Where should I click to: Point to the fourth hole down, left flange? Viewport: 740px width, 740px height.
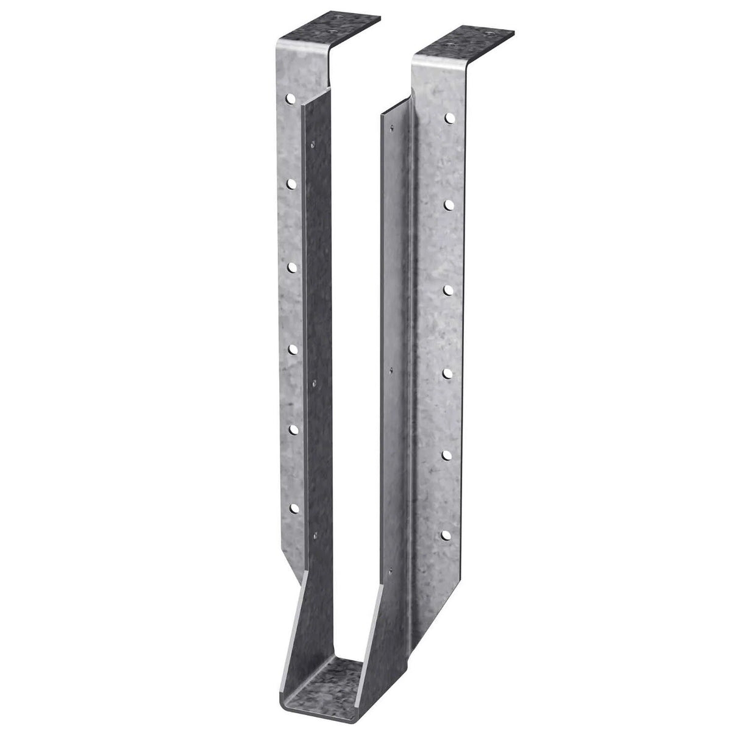[293, 349]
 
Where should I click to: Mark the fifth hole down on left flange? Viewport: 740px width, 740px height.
[294, 429]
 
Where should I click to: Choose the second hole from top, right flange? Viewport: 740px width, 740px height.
[449, 202]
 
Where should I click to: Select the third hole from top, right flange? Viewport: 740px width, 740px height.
[448, 287]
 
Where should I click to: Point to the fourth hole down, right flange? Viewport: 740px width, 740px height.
[447, 371]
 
